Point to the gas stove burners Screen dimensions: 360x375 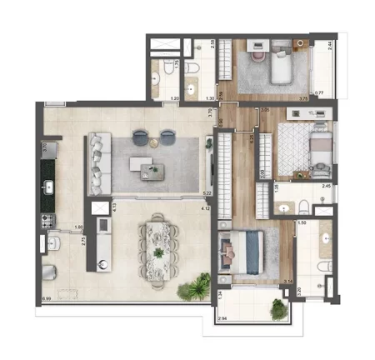pos(47,222)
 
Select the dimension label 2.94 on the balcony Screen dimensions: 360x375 pos(222,318)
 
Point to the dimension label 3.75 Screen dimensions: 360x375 pos(303,98)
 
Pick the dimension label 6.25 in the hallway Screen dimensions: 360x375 pos(252,139)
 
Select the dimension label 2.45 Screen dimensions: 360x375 pos(327,187)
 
